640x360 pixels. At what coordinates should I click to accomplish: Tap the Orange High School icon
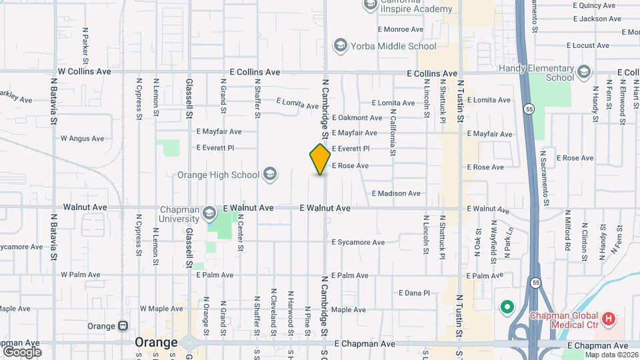tap(270, 175)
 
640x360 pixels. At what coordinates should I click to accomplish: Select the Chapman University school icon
tap(209, 213)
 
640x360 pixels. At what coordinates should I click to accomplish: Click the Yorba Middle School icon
tap(340, 46)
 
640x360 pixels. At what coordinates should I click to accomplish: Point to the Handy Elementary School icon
tap(584, 71)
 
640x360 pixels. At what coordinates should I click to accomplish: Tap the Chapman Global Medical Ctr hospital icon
tap(607, 319)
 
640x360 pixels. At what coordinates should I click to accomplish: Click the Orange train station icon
tap(123, 327)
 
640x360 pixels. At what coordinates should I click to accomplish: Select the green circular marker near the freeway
tap(507, 307)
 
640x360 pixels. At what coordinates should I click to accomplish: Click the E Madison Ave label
tap(396, 193)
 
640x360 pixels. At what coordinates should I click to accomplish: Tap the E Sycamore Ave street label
tap(358, 243)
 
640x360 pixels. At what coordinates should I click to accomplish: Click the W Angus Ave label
tap(82, 139)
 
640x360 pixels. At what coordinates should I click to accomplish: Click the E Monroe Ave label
tap(401, 29)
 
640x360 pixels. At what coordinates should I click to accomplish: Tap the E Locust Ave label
tap(588, 45)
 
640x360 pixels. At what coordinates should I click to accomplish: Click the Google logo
tap(21, 351)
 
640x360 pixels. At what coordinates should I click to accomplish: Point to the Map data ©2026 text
tap(611, 355)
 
